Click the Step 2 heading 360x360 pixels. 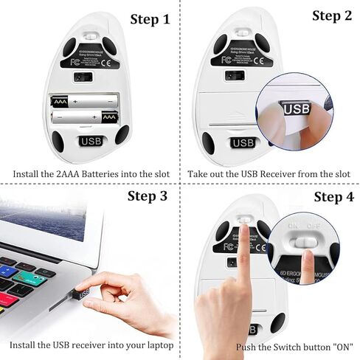click(331, 15)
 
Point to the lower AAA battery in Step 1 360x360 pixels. click(86, 117)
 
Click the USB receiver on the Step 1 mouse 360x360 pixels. click(91, 141)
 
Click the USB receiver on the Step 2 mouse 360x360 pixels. click(241, 142)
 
